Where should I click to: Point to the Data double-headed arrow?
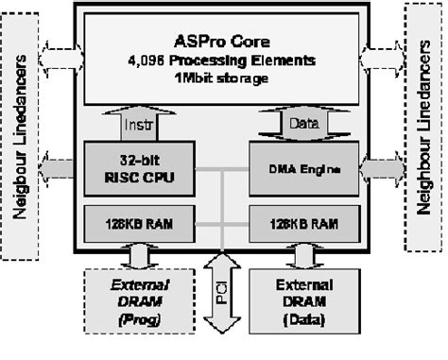[x=302, y=123]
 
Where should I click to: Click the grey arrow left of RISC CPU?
[x=63, y=169]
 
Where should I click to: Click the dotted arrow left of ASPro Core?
[x=62, y=57]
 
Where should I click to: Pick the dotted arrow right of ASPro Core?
[x=384, y=57]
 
